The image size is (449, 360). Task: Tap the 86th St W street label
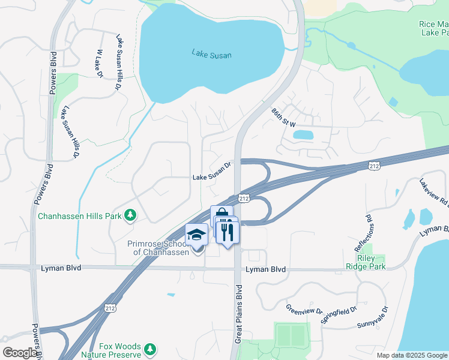point(283,117)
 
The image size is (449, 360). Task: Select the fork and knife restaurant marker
point(227,231)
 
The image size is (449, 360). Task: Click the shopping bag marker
point(221,214)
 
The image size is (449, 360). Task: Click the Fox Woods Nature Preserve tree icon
point(149,348)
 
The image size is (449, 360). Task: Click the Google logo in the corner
point(19,353)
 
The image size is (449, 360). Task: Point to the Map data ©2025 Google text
point(411,355)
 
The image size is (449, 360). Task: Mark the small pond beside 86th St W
point(303,135)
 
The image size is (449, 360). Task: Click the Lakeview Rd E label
point(433,192)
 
